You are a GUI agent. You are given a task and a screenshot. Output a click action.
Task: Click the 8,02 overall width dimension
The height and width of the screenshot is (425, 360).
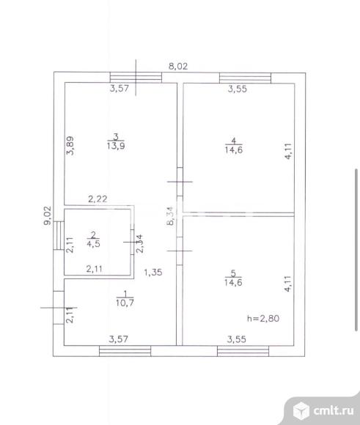pyautogui.click(x=178, y=66)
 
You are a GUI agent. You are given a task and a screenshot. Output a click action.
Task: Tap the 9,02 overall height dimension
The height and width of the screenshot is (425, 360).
pyautogui.click(x=48, y=215)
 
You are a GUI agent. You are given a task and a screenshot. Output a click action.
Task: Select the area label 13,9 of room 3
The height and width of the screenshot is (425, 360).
pyautogui.click(x=116, y=146)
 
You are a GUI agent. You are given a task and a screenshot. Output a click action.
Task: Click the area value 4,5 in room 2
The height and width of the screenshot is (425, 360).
pyautogui.click(x=93, y=243)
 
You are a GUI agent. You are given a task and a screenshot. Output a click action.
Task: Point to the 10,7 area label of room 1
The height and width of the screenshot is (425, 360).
pyautogui.click(x=125, y=303)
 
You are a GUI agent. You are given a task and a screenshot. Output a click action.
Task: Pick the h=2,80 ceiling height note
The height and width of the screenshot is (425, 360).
pyautogui.click(x=263, y=318)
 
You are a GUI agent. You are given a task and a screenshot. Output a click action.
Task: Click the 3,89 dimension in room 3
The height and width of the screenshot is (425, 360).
pyautogui.click(x=70, y=146)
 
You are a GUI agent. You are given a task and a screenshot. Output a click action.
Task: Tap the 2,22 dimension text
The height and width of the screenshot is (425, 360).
pyautogui.click(x=98, y=199)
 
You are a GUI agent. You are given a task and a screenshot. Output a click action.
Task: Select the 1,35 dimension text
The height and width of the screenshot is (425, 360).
pyautogui.click(x=153, y=272)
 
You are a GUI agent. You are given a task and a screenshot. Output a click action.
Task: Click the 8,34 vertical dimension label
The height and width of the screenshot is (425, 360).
pyautogui.click(x=171, y=215)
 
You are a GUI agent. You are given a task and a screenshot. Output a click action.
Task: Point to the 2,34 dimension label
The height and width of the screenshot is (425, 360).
pyautogui.click(x=139, y=244)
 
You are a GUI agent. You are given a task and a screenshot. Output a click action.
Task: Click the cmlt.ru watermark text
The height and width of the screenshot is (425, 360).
pyautogui.click(x=334, y=410)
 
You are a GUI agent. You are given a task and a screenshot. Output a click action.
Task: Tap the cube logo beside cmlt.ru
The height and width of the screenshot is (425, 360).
pyautogui.click(x=301, y=410)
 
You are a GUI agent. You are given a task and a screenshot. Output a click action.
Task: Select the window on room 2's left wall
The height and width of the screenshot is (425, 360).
pyautogui.click(x=59, y=235)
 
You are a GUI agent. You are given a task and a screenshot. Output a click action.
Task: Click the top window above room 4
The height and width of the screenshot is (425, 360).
pyautogui.click(x=245, y=78)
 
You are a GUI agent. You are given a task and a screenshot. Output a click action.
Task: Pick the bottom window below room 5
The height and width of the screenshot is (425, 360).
pyautogui.click(x=243, y=351)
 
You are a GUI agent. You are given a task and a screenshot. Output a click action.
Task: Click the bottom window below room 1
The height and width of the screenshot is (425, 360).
pyautogui.click(x=125, y=351)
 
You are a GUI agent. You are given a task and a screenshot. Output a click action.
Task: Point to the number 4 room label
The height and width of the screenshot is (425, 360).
pyautogui.click(x=234, y=141)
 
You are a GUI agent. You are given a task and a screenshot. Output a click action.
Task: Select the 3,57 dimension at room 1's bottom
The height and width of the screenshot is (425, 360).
pyautogui.click(x=118, y=339)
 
